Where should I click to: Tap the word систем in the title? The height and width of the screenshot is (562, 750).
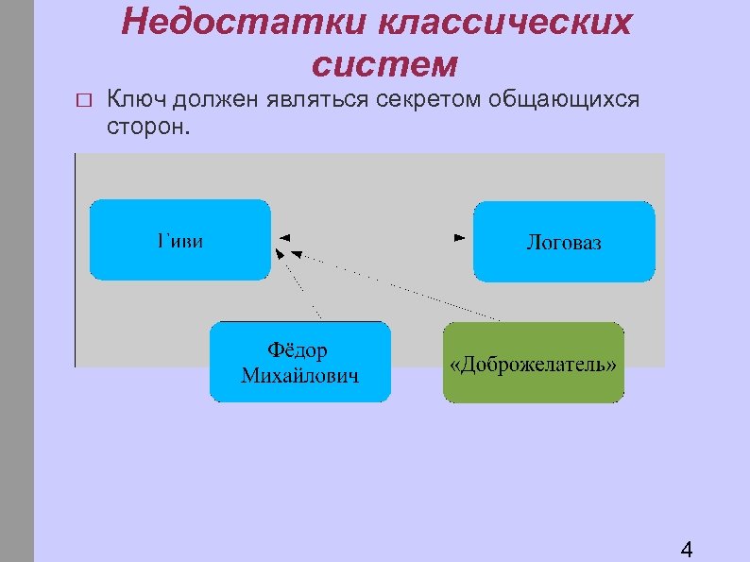[x=384, y=63]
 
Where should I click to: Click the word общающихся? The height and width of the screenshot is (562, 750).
[x=564, y=98]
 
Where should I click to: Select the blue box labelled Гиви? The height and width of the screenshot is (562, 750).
[x=179, y=240]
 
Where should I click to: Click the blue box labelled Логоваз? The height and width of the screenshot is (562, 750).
[x=564, y=242]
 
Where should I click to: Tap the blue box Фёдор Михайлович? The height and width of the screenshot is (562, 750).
[x=299, y=363]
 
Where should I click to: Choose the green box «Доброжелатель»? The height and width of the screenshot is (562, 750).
[x=534, y=363]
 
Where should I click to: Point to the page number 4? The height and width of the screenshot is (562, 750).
[x=687, y=550]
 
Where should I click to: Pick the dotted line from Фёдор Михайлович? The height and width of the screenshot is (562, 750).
[x=299, y=284]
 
